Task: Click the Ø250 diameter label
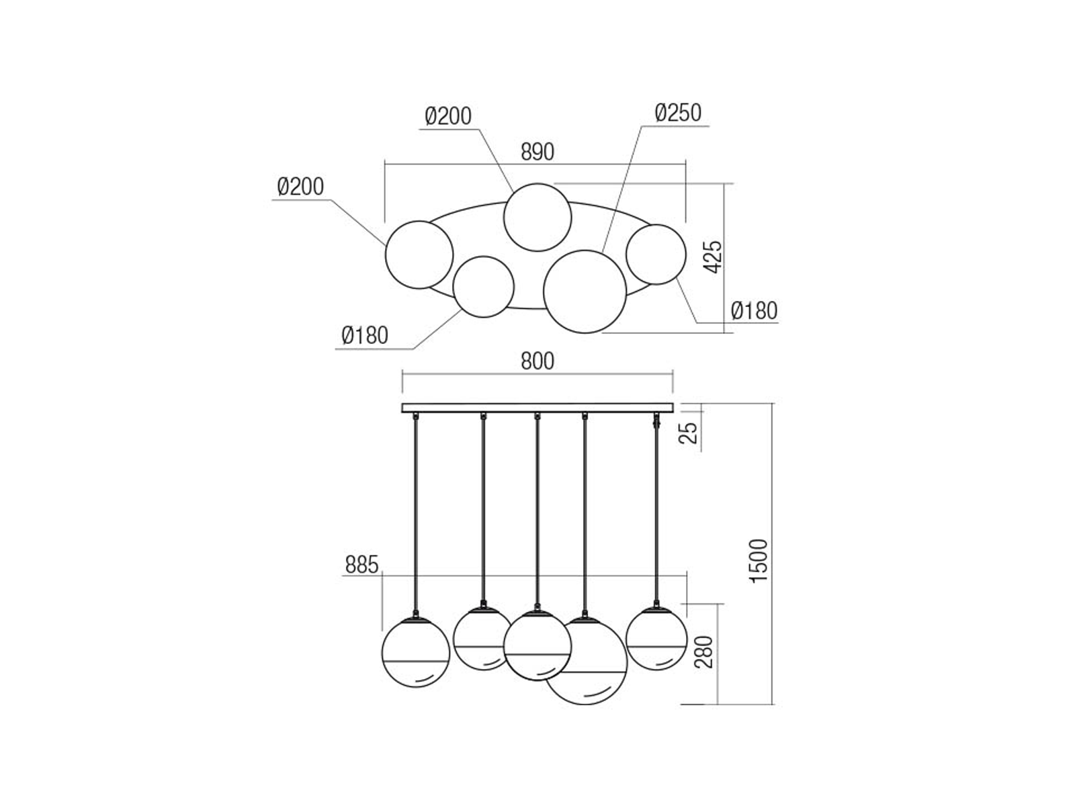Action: click(678, 113)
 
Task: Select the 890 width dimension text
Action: click(537, 152)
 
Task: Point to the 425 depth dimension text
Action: click(713, 257)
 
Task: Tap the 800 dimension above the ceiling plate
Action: click(537, 361)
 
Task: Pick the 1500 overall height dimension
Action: click(759, 561)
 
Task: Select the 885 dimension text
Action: click(362, 566)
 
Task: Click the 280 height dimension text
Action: click(703, 652)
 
